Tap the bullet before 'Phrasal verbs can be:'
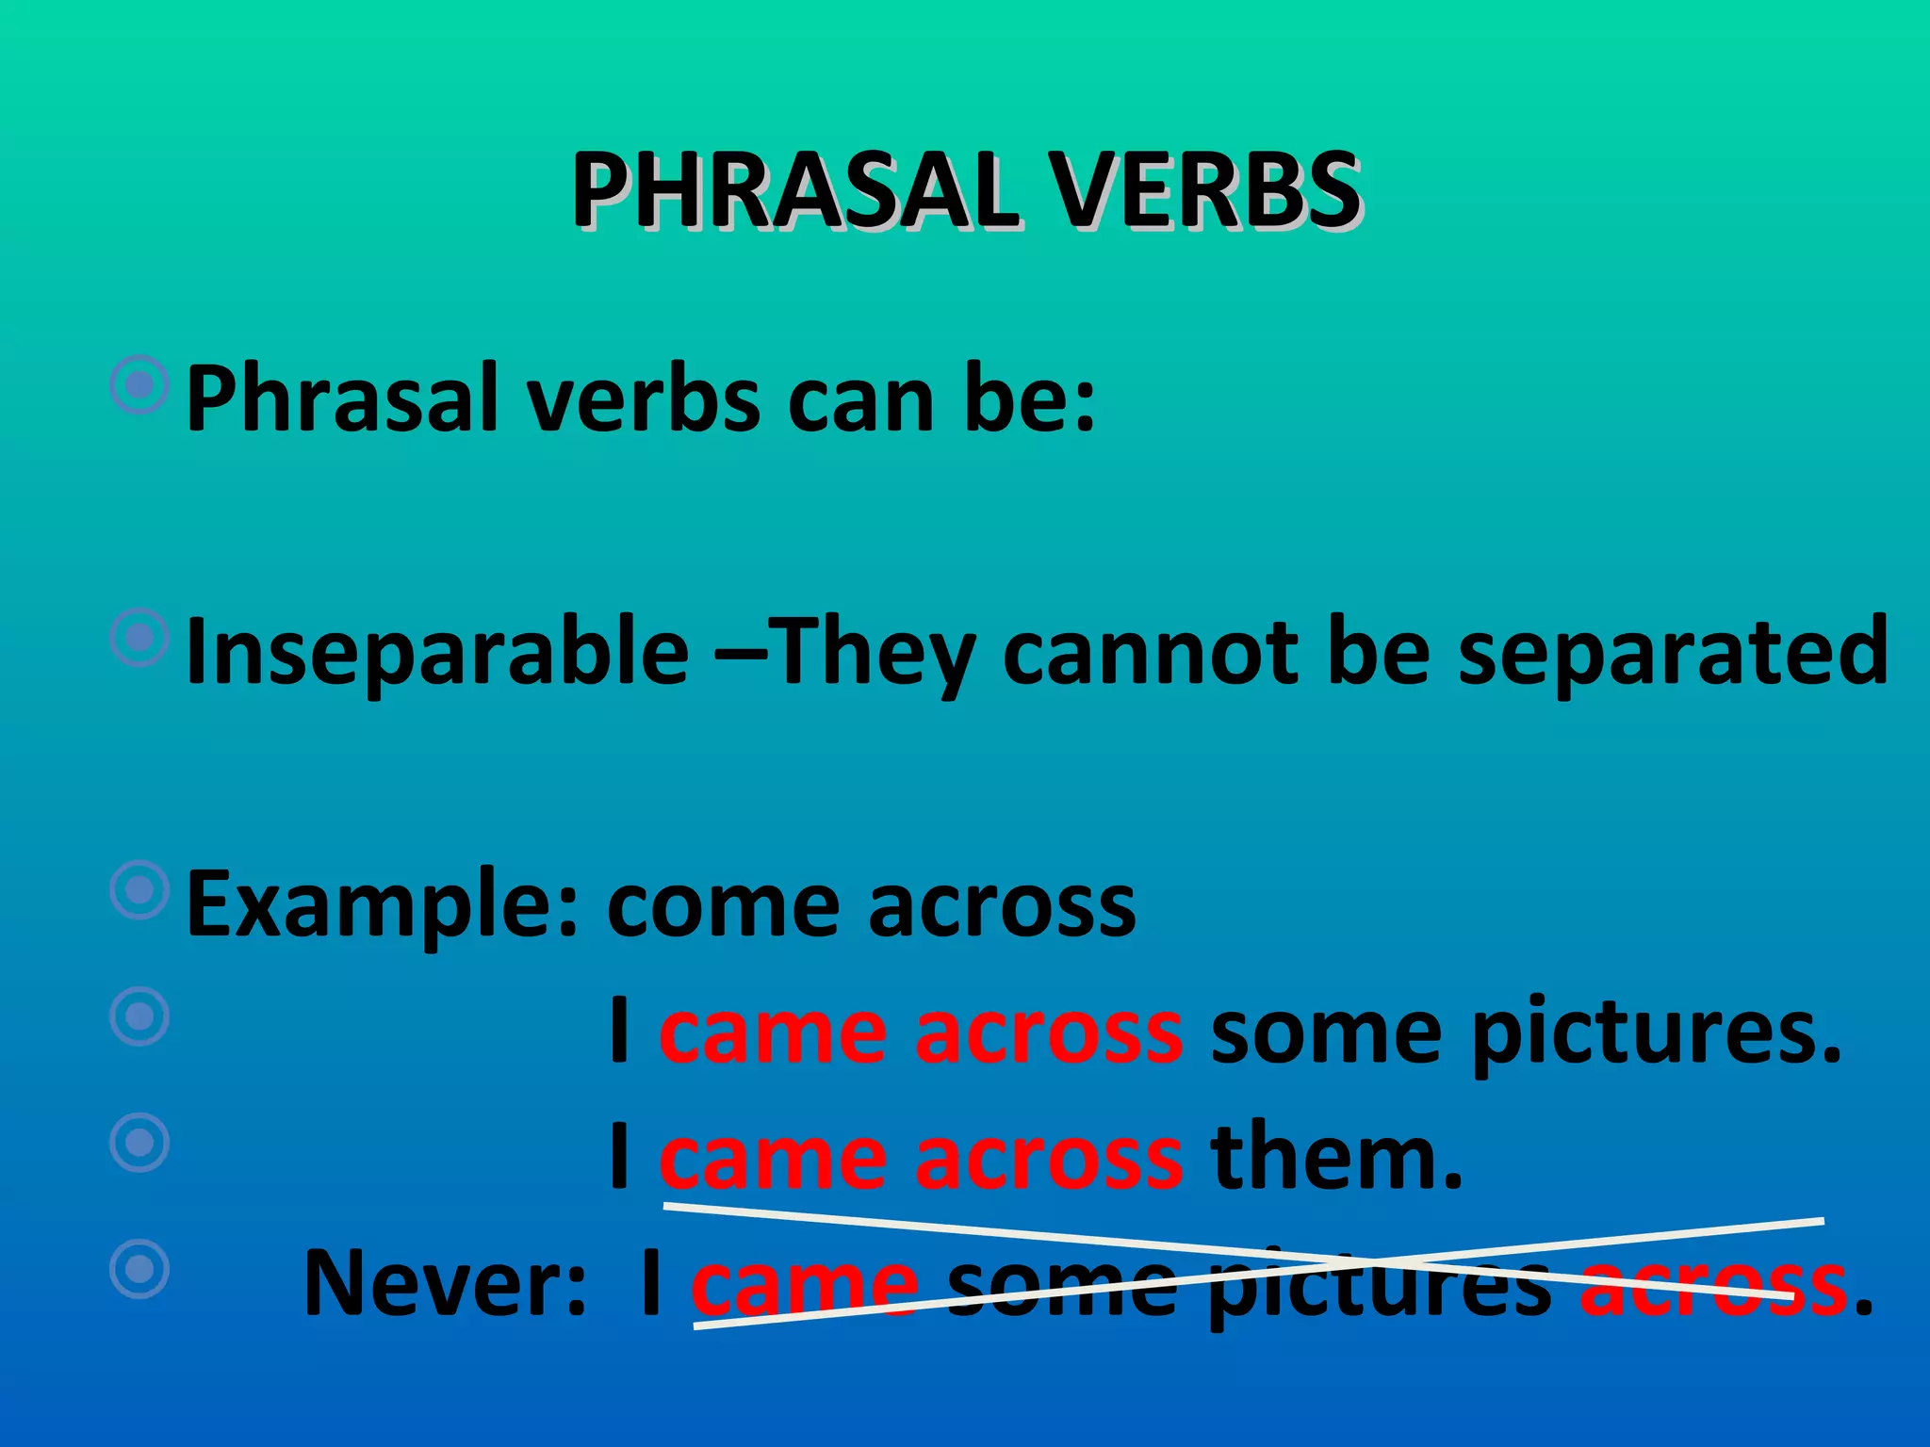point(139,384)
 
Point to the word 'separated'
point(1673,652)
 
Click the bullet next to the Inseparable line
point(139,638)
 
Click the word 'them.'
point(1337,1158)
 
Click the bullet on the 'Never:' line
point(139,1268)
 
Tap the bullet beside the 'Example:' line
point(139,889)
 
